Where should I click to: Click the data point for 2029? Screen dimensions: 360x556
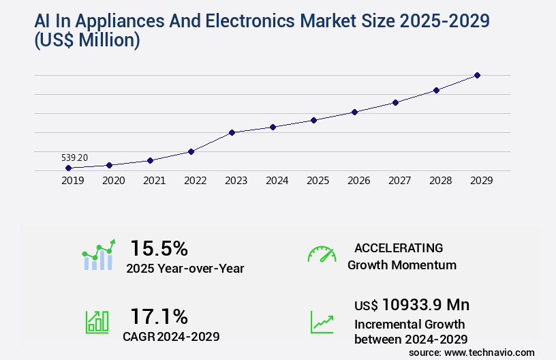coord(477,75)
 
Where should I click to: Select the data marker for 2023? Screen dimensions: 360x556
coord(232,132)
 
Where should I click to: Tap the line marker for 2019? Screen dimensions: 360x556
coord(68,168)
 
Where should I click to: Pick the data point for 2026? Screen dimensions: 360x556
coord(354,112)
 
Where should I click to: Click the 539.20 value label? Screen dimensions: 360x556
coord(74,157)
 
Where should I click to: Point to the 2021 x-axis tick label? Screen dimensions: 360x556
coord(154,181)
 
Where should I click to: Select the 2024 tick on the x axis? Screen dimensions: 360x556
coord(277,181)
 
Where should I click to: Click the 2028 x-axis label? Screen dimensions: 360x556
coord(440,181)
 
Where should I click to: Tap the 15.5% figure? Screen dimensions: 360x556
coord(159,247)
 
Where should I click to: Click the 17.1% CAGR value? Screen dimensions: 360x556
coord(159,316)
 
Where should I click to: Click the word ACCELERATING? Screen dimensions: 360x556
coord(399,247)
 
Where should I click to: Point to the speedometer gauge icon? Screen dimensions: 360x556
coord(322,254)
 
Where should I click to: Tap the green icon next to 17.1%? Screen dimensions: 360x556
coord(97,322)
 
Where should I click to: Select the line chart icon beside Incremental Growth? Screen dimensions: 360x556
coord(322,322)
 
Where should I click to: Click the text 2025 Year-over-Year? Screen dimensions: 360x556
coord(185,268)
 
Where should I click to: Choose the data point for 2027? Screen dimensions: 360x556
coord(395,102)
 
